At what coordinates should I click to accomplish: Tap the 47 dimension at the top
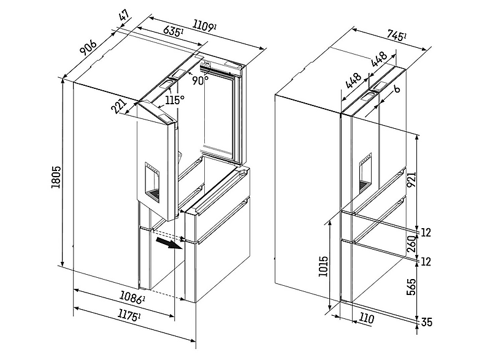[x=125, y=15]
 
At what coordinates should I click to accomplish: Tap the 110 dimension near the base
[x=368, y=318]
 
